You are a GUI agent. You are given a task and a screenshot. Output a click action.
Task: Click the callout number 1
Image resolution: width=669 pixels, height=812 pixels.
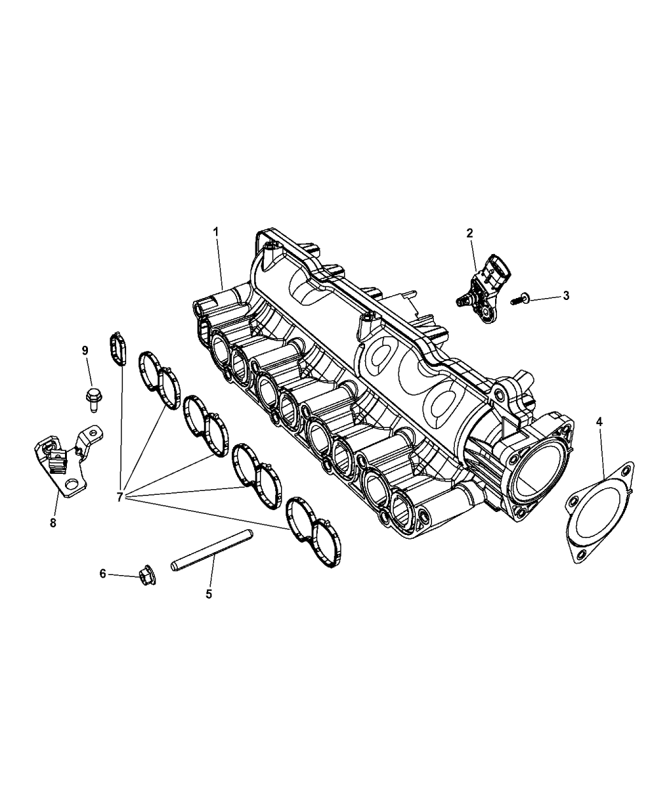pos(215,232)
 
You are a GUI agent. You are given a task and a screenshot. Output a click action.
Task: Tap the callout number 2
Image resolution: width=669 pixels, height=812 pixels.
pos(470,233)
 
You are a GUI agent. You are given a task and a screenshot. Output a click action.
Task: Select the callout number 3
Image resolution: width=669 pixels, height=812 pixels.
pos(566,296)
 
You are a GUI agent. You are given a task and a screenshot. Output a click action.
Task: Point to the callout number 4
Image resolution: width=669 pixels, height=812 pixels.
pos(600,422)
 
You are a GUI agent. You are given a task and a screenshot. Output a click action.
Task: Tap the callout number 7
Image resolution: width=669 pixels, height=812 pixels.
pos(120,497)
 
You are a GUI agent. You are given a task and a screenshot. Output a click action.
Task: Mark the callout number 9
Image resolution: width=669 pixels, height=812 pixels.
pos(85,350)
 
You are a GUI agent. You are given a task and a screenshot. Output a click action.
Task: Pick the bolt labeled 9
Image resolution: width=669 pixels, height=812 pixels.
pos(92,399)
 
